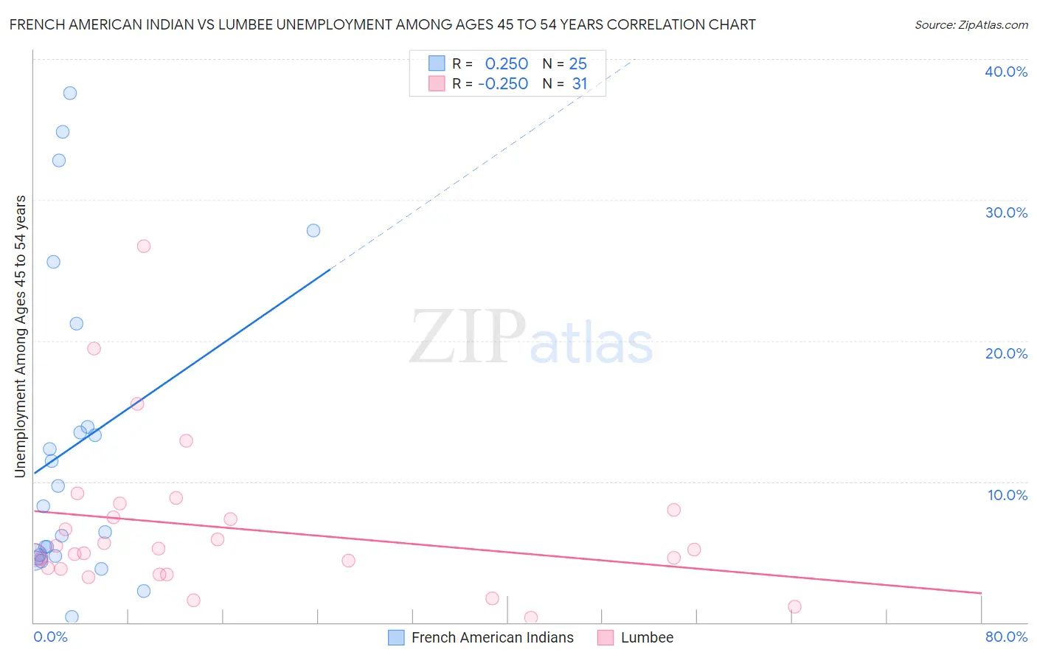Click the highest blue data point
[x=70, y=93]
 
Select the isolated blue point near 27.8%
[x=313, y=230]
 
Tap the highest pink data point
[x=144, y=246]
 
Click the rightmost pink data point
[x=794, y=606]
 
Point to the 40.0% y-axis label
[x=1006, y=72]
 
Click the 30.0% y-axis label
[x=1006, y=212]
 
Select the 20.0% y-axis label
[x=1006, y=353]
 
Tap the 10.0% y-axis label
[x=1007, y=495]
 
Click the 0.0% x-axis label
[x=50, y=637]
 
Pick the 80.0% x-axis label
[x=1006, y=637]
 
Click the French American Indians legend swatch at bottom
[x=396, y=637]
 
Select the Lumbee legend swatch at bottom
[x=606, y=637]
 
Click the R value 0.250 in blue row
[x=507, y=64]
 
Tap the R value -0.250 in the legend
[x=503, y=84]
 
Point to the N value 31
[x=580, y=84]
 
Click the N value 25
[x=578, y=64]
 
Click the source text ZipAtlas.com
[x=971, y=25]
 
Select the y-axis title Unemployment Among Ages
[x=21, y=336]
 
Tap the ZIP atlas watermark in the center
[x=531, y=338]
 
